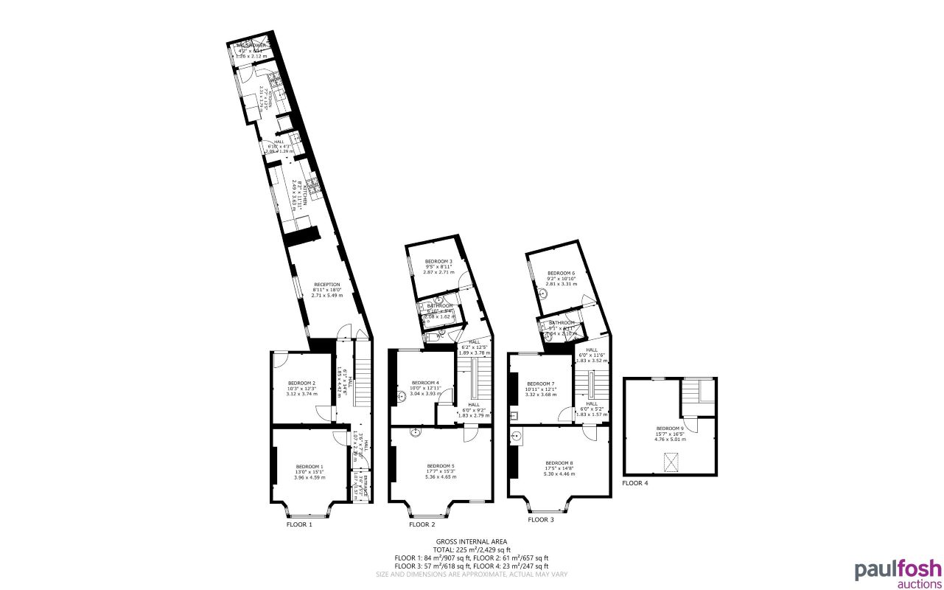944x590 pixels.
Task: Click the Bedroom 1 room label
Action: tap(310, 467)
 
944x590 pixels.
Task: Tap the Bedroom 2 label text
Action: tap(301, 383)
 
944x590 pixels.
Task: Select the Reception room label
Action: tap(326, 285)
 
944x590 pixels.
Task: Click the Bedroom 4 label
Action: tap(425, 383)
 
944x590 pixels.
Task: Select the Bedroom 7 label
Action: tap(542, 383)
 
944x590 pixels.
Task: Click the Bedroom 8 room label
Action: tap(559, 463)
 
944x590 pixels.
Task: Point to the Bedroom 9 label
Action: tap(671, 428)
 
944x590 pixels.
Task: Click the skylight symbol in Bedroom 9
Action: tap(671, 462)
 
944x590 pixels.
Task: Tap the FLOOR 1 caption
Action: tap(299, 525)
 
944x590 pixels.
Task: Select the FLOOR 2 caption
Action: tap(422, 525)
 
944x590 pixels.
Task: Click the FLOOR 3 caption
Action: tap(540, 520)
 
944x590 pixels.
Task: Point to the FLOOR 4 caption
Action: tap(634, 484)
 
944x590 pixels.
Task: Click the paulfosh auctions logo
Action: tap(898, 574)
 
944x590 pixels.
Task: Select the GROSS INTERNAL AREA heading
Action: tap(472, 542)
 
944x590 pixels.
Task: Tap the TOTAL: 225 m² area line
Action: tap(472, 550)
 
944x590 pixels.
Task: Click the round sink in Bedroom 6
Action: tap(543, 293)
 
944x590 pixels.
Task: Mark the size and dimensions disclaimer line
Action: tap(472, 574)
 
